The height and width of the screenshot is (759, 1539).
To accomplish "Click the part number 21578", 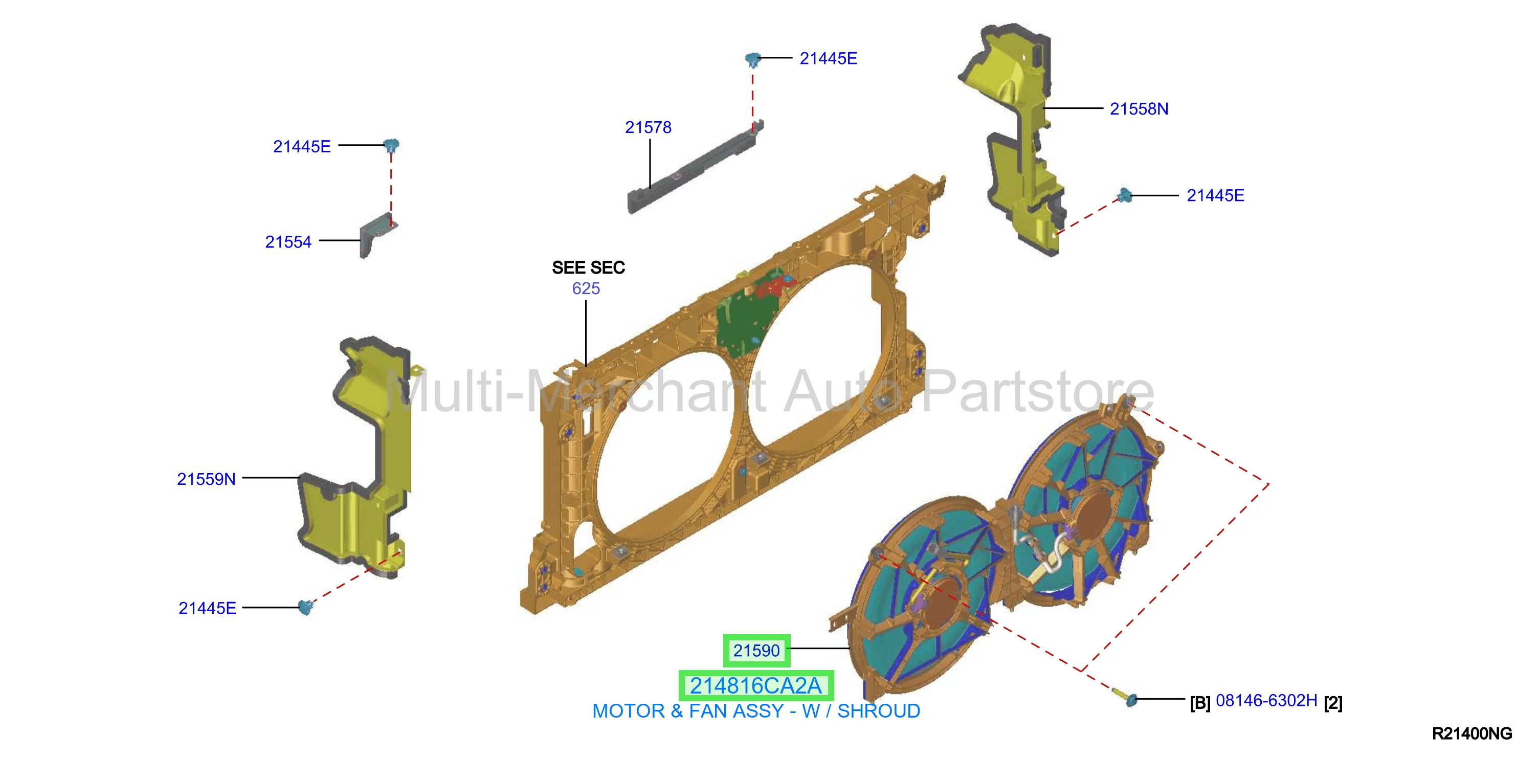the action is [x=648, y=127].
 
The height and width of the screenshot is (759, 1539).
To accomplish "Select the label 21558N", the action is [x=1139, y=109].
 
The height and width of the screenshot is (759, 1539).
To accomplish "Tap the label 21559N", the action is [x=206, y=479].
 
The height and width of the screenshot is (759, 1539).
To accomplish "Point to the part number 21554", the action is [x=288, y=241].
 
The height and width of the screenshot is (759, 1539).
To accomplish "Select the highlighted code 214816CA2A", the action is [x=756, y=685].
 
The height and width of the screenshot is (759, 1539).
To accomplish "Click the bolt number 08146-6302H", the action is [x=1266, y=700].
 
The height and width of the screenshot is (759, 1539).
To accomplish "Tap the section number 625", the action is [x=586, y=288].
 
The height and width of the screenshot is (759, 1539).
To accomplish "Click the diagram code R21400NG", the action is [x=1471, y=733].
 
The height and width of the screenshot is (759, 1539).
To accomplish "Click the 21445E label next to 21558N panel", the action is [x=1215, y=195].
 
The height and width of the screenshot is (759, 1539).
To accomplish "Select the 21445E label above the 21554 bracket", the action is [x=302, y=146].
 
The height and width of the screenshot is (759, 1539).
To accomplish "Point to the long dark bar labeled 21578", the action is [x=695, y=167].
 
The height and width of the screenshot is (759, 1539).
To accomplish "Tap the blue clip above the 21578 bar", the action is [x=753, y=59].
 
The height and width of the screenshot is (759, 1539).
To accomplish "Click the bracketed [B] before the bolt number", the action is [x=1200, y=703].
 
